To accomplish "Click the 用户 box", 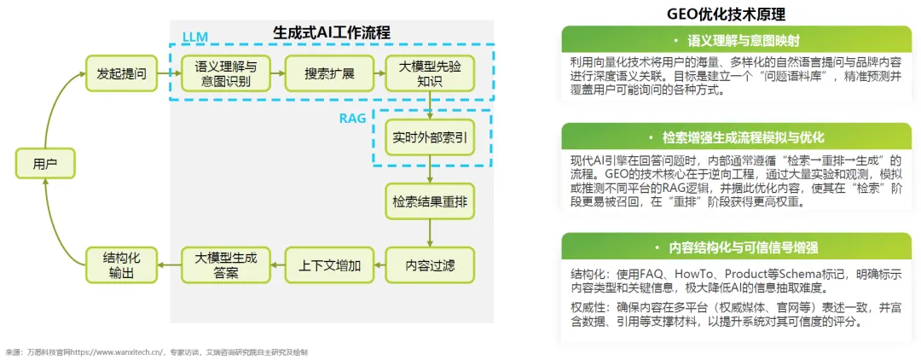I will (x=45, y=163).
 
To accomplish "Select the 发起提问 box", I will (x=122, y=74).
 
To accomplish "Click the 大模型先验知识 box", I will (x=429, y=74).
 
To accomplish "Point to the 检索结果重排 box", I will (x=429, y=203).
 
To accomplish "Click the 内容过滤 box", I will (x=429, y=265).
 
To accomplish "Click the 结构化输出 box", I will (x=122, y=265).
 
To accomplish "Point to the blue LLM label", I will (x=194, y=37).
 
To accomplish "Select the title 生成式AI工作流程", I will (x=332, y=32).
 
